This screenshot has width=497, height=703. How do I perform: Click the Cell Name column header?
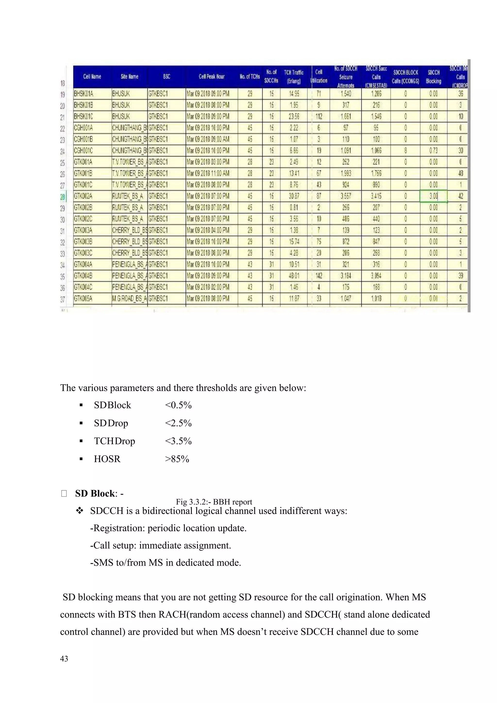92,76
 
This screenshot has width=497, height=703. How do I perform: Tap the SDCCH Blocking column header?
433,76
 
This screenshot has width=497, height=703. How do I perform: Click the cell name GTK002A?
83,196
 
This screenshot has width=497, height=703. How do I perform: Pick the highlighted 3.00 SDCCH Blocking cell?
433,196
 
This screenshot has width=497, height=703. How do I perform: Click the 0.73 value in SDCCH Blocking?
433,151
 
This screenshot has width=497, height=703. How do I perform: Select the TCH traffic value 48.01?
294,276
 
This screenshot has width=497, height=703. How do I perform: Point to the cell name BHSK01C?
83,116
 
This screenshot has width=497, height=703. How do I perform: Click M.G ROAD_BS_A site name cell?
129,299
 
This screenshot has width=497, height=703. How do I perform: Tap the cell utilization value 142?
319,276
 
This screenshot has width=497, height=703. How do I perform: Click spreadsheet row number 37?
63,299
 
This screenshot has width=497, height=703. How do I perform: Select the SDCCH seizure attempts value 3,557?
346,196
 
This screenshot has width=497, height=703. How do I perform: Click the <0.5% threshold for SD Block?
178,405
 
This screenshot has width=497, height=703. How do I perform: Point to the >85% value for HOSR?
177,459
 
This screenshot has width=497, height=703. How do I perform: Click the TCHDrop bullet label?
115,441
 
